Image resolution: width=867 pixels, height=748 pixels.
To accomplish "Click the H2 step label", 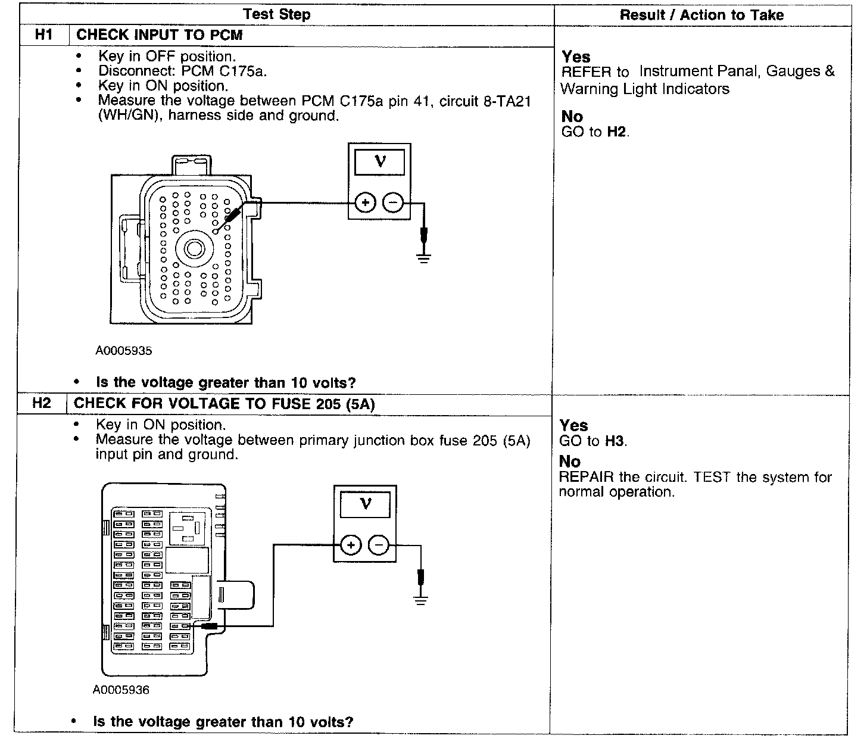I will click(x=42, y=403).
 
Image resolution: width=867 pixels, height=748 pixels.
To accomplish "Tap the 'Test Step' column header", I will click(x=277, y=14).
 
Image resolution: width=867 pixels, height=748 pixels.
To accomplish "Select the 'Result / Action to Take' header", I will click(x=701, y=15).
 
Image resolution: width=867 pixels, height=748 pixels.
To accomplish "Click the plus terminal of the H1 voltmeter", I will click(x=365, y=203).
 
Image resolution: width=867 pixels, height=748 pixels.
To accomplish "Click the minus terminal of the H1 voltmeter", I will click(x=392, y=203).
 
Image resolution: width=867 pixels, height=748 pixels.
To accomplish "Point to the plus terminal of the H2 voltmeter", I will click(x=351, y=545).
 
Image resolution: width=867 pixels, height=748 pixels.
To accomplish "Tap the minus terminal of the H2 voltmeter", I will click(x=379, y=545).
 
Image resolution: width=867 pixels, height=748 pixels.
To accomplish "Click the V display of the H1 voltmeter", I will click(x=379, y=162).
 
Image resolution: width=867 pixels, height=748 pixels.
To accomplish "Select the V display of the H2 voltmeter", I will click(x=365, y=504).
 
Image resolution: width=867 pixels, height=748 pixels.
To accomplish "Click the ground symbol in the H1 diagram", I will click(x=423, y=258).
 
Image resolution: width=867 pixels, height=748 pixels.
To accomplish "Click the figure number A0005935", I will click(x=124, y=351).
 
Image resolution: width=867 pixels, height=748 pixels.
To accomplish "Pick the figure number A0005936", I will click(x=121, y=690).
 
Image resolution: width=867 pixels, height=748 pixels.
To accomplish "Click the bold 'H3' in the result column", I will click(x=615, y=441).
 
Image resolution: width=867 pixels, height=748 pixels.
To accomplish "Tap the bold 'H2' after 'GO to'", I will click(x=617, y=132).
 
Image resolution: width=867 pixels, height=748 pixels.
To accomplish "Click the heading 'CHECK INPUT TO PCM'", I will click(x=160, y=35).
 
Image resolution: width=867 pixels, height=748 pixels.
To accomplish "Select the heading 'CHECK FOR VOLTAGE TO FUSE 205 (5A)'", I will click(x=224, y=404).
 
